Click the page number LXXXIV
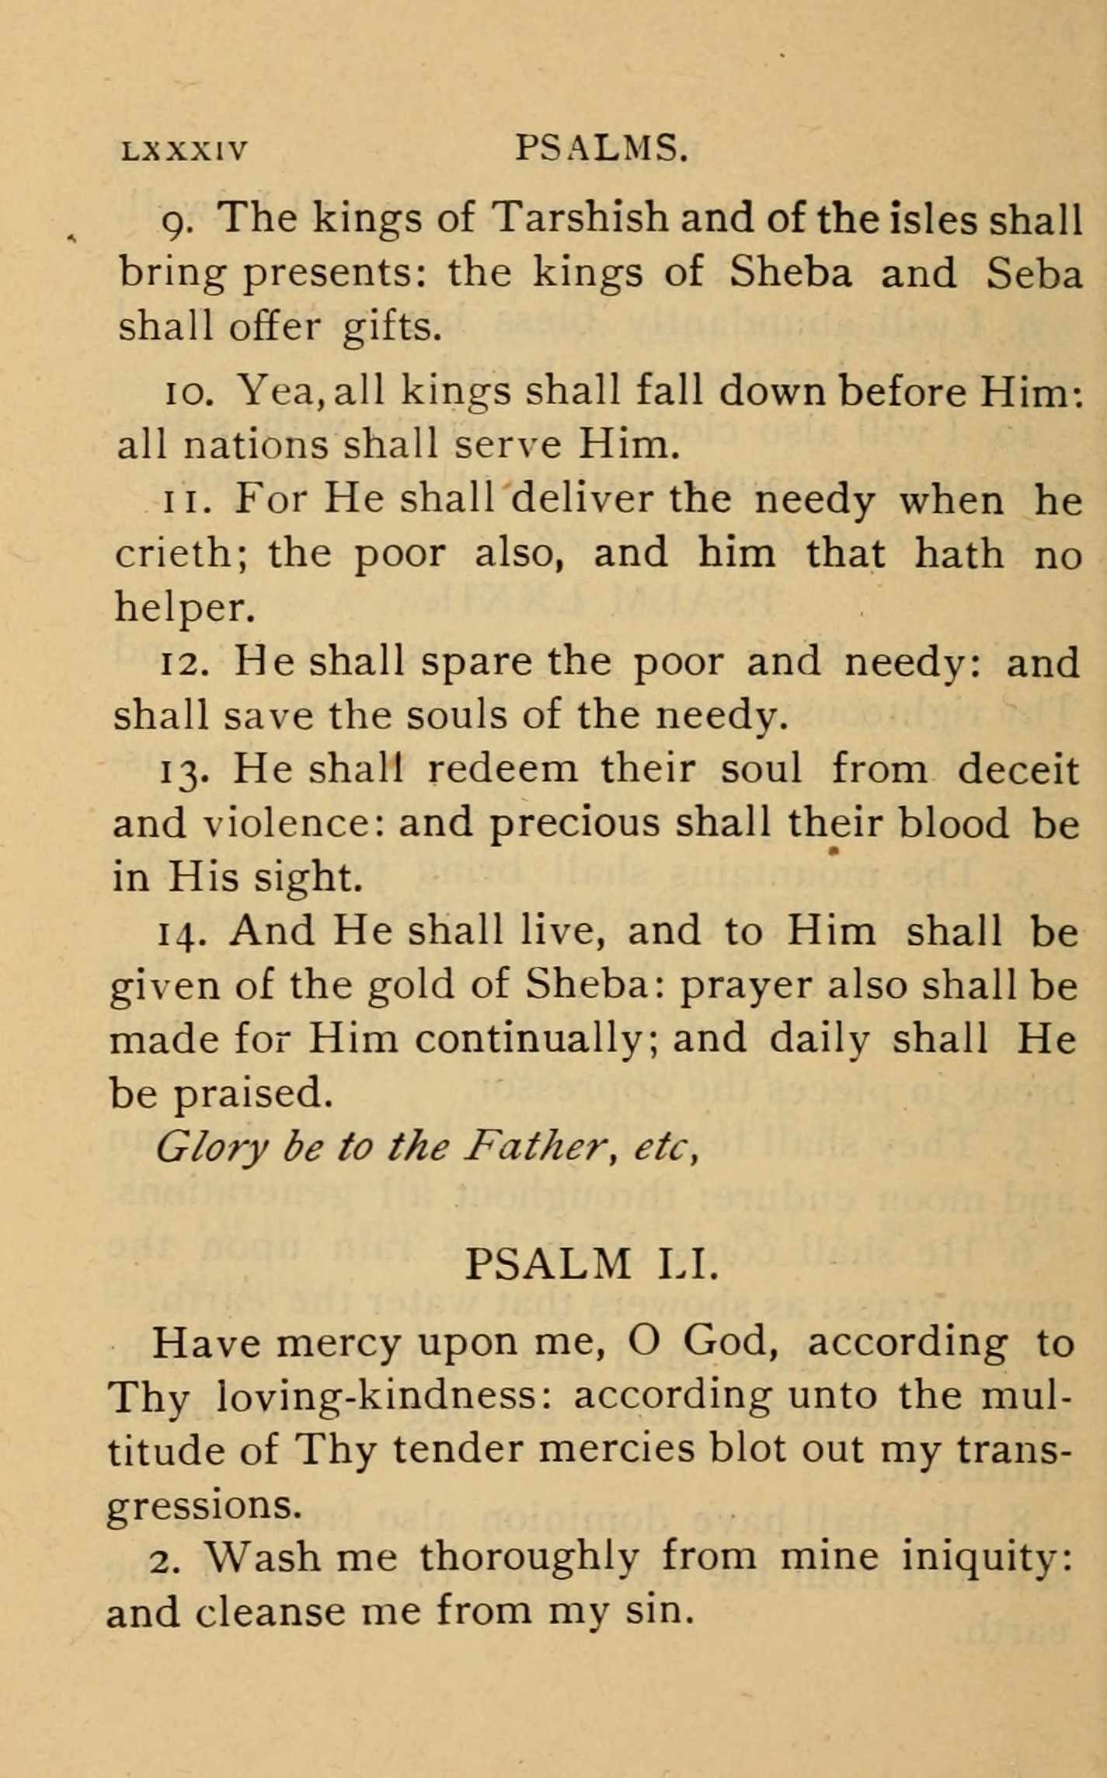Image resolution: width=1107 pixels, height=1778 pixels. (x=185, y=150)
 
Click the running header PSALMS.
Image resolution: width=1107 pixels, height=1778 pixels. (x=601, y=148)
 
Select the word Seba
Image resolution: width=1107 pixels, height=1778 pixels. (x=1034, y=272)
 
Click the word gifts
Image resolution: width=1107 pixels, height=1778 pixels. (x=392, y=328)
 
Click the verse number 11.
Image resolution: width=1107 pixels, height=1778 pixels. (x=184, y=500)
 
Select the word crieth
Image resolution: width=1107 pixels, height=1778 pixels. (x=181, y=553)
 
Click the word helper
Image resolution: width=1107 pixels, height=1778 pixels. (x=185, y=608)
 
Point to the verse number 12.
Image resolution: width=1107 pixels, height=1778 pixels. (x=182, y=663)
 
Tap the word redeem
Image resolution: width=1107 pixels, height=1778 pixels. (x=503, y=769)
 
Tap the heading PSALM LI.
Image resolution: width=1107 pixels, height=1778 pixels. (x=589, y=1264)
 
